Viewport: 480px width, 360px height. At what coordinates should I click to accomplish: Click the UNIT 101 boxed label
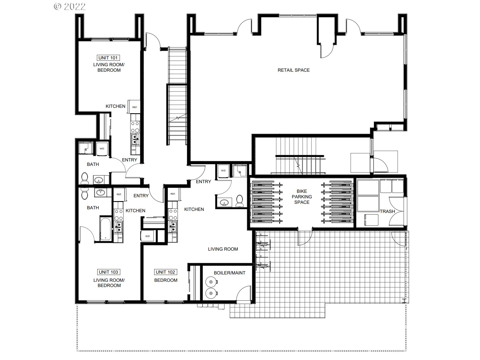[108, 58]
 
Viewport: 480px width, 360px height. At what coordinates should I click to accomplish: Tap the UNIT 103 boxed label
[108, 272]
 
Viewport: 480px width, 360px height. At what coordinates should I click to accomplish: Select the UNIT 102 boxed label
[165, 272]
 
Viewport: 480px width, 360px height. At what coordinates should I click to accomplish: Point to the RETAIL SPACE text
[294, 70]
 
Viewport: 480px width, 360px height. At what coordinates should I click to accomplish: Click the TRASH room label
[387, 211]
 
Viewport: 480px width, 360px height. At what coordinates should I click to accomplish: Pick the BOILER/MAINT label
[230, 273]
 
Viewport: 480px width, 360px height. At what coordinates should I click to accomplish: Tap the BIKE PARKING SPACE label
[302, 197]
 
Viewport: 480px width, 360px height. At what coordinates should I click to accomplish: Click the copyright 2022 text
[70, 7]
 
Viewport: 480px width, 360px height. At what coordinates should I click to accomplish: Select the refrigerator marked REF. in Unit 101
[135, 107]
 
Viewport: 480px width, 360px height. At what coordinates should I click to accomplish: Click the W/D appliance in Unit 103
[148, 236]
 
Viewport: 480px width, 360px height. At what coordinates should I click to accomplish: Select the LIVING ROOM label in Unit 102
[223, 249]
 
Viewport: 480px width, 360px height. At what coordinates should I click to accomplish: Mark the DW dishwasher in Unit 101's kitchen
[133, 150]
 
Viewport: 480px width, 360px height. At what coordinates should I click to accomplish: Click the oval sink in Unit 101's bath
[99, 180]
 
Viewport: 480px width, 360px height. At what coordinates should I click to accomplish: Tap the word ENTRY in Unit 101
[130, 160]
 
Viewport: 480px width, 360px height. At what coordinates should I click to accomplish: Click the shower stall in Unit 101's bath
[86, 149]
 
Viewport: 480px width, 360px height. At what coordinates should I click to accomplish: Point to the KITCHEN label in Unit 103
[135, 211]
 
